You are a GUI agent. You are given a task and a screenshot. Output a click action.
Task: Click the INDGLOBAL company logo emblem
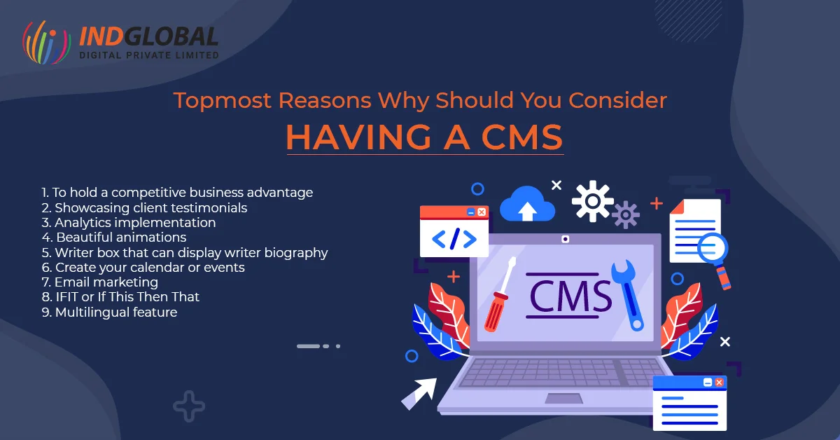(46, 43)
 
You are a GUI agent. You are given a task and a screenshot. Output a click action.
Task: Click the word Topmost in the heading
(223, 101)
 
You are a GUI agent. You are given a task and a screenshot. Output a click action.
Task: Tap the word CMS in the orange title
(521, 137)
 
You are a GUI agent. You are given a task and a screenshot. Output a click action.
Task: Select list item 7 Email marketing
(100, 282)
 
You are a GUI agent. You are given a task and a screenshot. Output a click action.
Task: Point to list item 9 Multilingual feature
(109, 312)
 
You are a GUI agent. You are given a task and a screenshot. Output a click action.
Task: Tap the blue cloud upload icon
(527, 204)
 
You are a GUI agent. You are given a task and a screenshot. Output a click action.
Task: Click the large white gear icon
(592, 201)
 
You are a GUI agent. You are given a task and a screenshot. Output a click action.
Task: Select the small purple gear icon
(626, 214)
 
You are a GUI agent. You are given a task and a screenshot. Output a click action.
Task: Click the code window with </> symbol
(454, 231)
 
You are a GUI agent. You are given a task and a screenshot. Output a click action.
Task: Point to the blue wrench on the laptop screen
(628, 296)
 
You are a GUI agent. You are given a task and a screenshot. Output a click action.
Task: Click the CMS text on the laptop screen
(570, 296)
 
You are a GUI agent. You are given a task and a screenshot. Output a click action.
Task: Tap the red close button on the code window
(482, 212)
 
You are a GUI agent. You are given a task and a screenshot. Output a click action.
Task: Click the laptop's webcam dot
(565, 239)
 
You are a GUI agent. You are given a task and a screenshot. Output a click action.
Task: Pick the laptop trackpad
(563, 399)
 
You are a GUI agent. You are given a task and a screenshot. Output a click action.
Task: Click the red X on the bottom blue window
(719, 382)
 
